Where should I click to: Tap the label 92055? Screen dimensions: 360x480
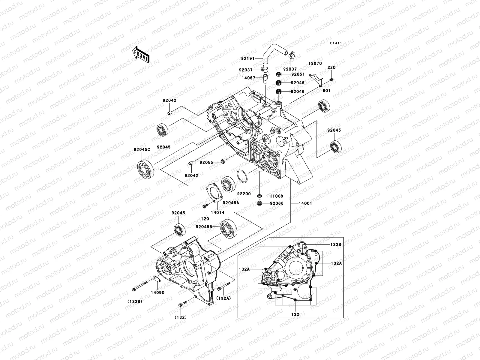[x=206, y=162]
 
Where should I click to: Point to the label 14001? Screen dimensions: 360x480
[x=305, y=203]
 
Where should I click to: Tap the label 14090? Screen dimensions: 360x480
[x=157, y=292]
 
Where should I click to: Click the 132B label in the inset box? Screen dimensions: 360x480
[x=336, y=244]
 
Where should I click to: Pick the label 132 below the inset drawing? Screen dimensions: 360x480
[x=295, y=314]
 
